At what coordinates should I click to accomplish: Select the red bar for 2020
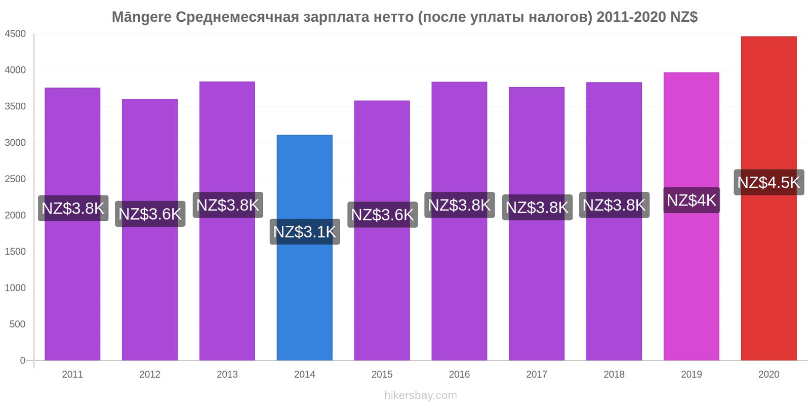[x=768, y=283]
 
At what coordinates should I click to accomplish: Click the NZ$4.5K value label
[x=768, y=182]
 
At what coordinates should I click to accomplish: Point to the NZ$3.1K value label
[x=304, y=232]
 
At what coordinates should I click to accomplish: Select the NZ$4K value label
[x=691, y=200]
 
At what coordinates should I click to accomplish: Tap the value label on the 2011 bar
[x=73, y=208]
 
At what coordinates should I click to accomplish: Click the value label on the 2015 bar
[x=382, y=215]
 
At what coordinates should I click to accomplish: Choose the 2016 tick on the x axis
[x=459, y=375]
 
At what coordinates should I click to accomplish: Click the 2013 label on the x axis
[x=227, y=375]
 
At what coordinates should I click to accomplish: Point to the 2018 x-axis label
[x=614, y=375]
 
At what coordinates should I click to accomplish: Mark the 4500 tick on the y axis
[x=15, y=34]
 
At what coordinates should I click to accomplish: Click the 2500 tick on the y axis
[x=15, y=179]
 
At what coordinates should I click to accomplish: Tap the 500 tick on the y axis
[x=17, y=324]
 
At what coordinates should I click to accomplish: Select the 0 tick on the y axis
[x=22, y=360]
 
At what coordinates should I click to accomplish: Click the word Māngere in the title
[x=141, y=17]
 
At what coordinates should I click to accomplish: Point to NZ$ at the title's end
[x=684, y=17]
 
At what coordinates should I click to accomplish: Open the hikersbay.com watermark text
[x=420, y=395]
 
